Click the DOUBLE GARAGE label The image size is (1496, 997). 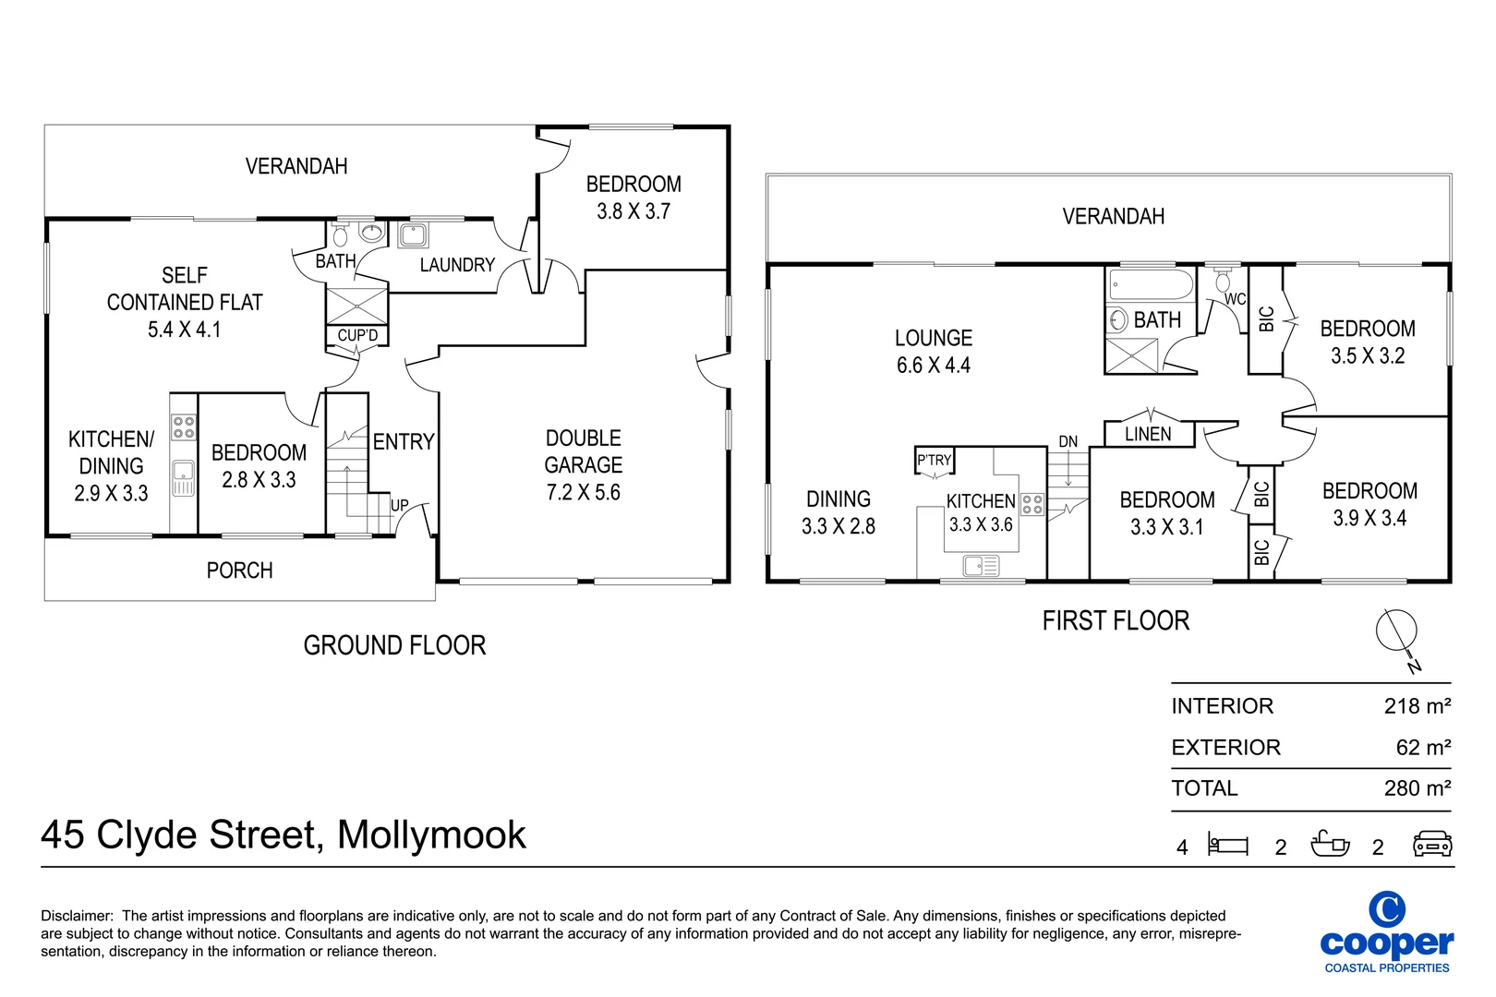click(583, 451)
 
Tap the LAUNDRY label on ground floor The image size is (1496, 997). click(457, 266)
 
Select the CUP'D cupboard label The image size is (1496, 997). click(357, 336)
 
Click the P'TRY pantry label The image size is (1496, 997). click(934, 460)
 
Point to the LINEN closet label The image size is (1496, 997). click(1148, 434)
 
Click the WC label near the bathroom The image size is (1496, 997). click(1235, 299)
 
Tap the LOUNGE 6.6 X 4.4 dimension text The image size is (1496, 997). click(934, 366)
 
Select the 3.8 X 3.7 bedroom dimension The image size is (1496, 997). click(633, 211)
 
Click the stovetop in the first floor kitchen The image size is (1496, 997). click(1032, 504)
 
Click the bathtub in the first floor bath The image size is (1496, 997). click(1151, 285)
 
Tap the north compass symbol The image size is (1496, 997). click(1396, 632)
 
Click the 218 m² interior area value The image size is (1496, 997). click(1417, 706)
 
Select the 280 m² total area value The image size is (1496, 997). click(1417, 788)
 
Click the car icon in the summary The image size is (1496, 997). click(1432, 845)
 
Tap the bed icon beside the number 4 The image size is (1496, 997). click(1228, 845)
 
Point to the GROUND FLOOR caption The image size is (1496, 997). click(394, 645)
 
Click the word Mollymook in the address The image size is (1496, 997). click(431, 835)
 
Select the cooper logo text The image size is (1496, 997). click(1386, 943)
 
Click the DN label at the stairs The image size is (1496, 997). click(1068, 442)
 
